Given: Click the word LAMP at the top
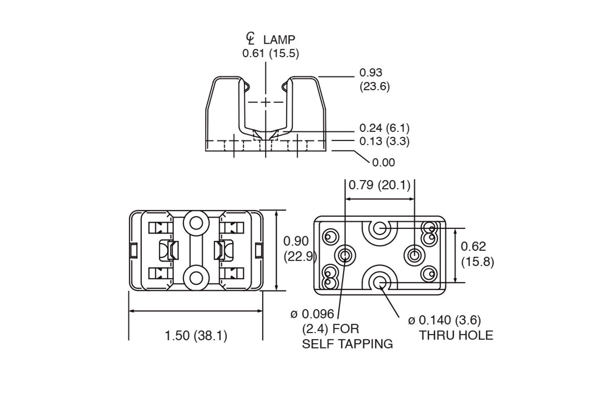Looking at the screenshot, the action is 279,40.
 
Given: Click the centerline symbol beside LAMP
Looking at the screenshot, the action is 251,39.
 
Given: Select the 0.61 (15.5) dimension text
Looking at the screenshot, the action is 271,54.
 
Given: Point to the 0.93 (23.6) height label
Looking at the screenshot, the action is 375,79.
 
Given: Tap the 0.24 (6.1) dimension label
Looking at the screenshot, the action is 384,128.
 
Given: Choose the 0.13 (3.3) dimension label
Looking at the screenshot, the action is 384,141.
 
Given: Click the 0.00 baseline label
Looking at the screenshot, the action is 383,163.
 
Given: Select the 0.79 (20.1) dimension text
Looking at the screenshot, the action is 379,185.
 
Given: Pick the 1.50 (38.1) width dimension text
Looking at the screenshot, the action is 196,336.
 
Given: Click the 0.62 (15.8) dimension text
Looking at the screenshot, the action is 477,254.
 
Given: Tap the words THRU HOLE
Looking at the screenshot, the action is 456,335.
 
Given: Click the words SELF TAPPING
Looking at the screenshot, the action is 347,344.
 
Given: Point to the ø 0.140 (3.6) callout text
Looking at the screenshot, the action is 444,320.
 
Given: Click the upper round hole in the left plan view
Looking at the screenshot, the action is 196,224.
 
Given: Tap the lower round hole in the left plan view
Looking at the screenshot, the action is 196,278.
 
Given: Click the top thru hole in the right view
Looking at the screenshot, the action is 379,228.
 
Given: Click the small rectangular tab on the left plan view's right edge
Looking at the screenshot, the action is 259,251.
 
